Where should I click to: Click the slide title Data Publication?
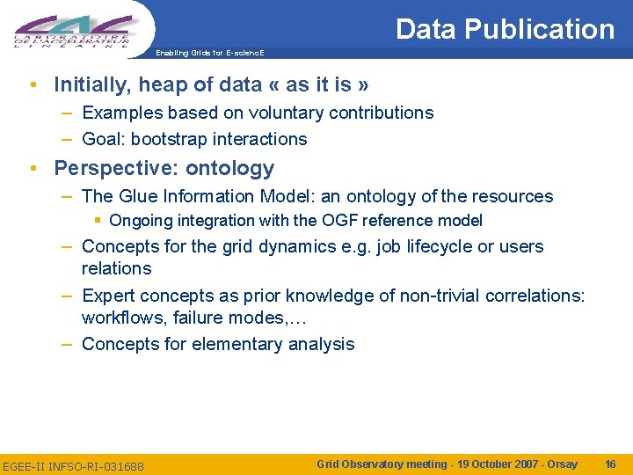(x=505, y=29)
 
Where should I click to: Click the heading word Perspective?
(x=103, y=168)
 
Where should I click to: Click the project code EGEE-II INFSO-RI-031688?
(x=73, y=465)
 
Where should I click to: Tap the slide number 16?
(x=611, y=464)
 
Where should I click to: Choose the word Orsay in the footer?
(x=562, y=464)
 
